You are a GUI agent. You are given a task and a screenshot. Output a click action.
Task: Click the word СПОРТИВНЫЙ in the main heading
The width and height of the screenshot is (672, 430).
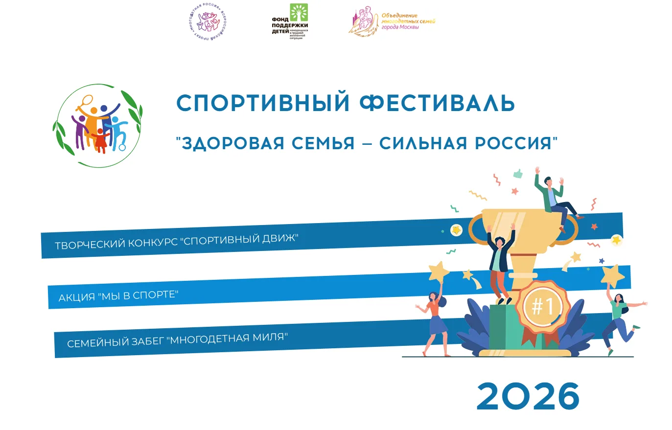(x=263, y=103)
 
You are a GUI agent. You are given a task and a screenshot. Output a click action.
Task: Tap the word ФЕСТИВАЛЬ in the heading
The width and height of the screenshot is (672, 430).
(x=437, y=103)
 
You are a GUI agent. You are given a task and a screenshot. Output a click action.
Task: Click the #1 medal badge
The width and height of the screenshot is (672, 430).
(x=542, y=307)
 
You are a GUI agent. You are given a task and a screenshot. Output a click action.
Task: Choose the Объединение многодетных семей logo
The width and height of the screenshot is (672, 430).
(x=392, y=22)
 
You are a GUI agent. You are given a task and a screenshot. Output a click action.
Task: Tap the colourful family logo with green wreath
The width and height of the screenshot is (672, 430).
(x=97, y=126)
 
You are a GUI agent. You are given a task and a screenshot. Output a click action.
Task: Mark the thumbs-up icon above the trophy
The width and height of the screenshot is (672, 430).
(x=518, y=173)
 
